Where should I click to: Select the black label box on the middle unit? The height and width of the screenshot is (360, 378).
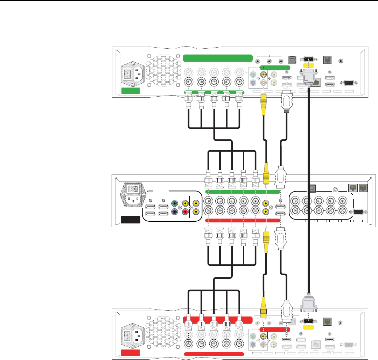130,220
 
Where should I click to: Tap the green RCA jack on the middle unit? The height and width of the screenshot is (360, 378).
174,203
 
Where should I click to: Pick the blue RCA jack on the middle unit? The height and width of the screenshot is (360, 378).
174,212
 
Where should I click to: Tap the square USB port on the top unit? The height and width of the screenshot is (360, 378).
292,60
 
